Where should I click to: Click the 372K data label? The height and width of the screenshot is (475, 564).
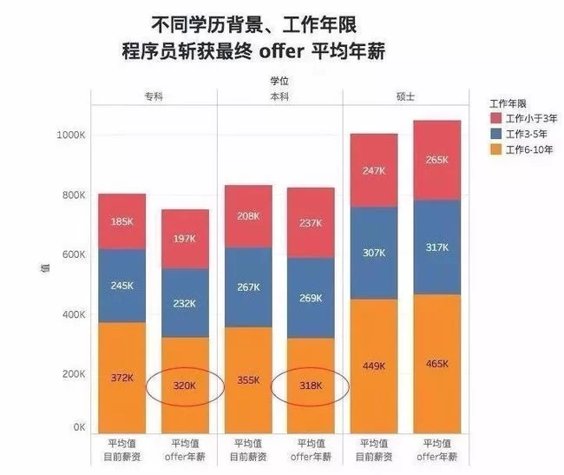pyautogui.click(x=121, y=378)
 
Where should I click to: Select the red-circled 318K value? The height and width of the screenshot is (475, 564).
pyautogui.click(x=310, y=386)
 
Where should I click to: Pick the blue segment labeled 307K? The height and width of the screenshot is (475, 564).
pyautogui.click(x=373, y=253)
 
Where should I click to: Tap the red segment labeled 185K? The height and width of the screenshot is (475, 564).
pyautogui.click(x=121, y=221)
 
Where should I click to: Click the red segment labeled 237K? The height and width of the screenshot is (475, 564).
pyautogui.click(x=310, y=222)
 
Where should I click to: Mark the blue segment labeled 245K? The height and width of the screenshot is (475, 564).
pyautogui.click(x=121, y=286)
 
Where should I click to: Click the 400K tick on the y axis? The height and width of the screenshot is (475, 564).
pyautogui.click(x=73, y=314)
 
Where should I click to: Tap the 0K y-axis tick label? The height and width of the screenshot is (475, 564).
pyautogui.click(x=78, y=428)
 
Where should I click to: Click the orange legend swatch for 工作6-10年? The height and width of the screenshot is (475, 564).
pyautogui.click(x=495, y=150)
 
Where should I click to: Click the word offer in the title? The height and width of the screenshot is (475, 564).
pyautogui.click(x=281, y=51)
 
